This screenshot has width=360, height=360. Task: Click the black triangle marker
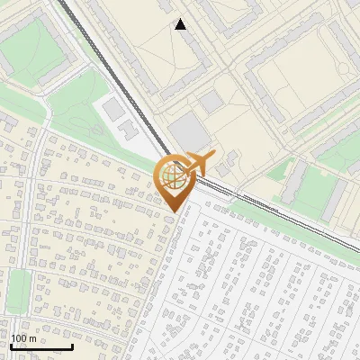click(181, 24)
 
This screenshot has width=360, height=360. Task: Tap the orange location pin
click(176, 180)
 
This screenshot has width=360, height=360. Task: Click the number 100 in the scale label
click(19, 338)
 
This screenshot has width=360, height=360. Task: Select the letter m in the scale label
click(31, 338)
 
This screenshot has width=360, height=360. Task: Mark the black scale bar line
click(41, 346)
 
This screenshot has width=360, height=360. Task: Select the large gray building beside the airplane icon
click(188, 131)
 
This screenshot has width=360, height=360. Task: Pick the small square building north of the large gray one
click(211, 102)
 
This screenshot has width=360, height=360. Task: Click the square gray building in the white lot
click(114, 109)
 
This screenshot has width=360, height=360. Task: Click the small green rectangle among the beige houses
click(17, 292)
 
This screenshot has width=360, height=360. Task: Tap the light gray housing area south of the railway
click(270, 288)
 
